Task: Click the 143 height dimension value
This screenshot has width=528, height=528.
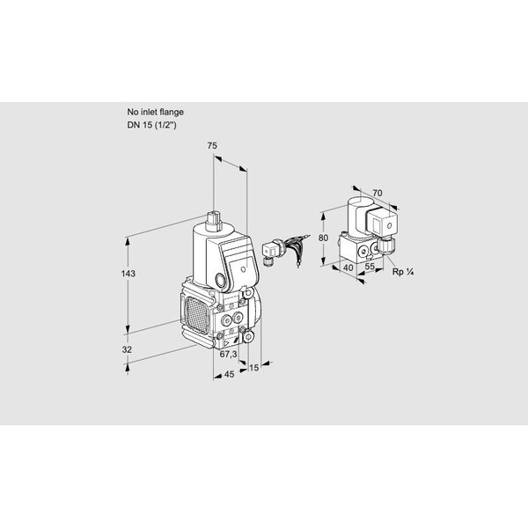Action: point(128,274)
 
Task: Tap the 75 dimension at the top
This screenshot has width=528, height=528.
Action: point(212,146)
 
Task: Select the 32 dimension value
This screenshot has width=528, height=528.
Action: point(127,349)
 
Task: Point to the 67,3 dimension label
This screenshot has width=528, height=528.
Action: point(228,355)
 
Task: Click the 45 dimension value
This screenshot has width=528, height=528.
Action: point(229,374)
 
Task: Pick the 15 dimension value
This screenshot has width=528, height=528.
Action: point(253,368)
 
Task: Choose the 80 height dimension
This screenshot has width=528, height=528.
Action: point(323,238)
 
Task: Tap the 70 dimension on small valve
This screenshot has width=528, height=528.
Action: point(378,193)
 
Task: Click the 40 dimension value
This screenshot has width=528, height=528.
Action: point(348,268)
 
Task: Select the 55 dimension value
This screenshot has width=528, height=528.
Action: point(370,266)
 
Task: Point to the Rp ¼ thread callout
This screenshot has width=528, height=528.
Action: point(403,272)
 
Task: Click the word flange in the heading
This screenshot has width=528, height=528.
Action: point(171,112)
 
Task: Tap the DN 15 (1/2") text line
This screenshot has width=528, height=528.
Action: point(151,125)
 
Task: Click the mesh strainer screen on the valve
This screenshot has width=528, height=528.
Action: point(196,316)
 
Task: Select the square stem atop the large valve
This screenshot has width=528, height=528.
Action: point(213,221)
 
